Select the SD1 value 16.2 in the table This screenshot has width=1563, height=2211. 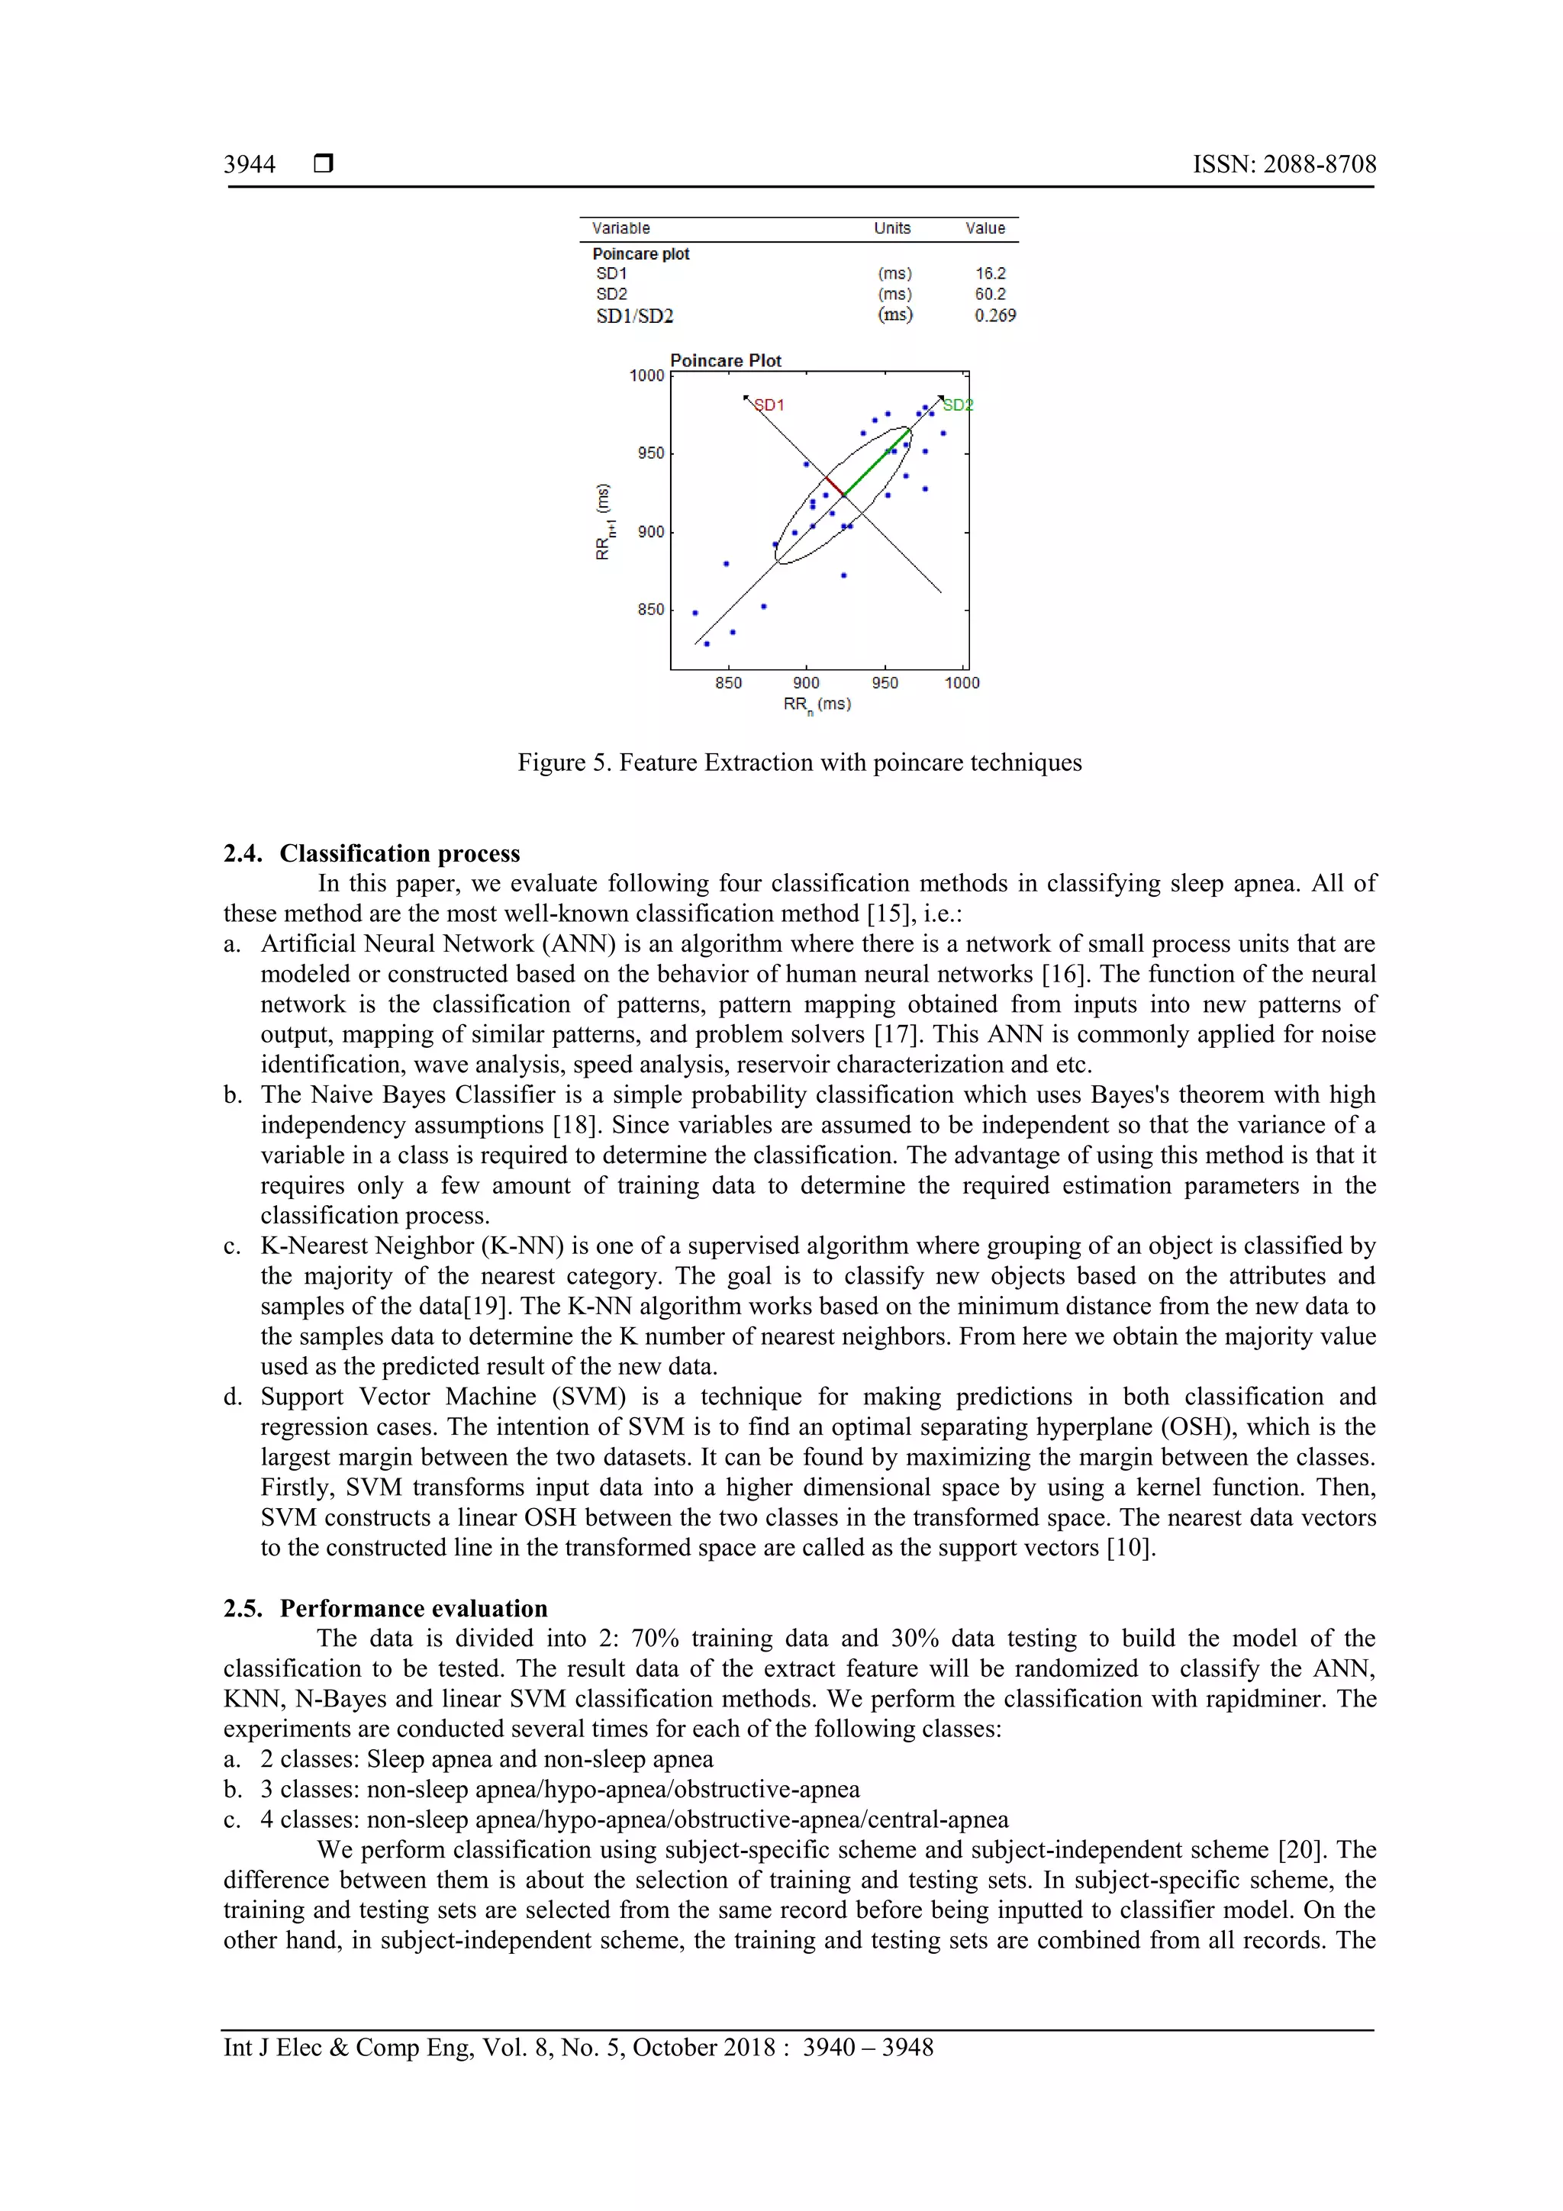(989, 273)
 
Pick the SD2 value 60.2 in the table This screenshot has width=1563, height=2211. (989, 295)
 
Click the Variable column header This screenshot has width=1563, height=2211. (620, 228)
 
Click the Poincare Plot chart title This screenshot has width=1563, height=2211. (725, 361)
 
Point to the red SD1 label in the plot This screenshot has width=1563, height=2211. (769, 405)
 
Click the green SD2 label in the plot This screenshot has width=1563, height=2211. (957, 405)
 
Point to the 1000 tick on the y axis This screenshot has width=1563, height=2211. (646, 375)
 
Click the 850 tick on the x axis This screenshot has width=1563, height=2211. (728, 684)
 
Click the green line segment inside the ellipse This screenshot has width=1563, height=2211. (876, 463)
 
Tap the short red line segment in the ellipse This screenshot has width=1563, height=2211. (835, 486)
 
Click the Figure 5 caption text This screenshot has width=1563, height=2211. (799, 762)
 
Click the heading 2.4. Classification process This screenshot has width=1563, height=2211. (372, 853)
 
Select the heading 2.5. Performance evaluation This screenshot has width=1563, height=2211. (385, 1608)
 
